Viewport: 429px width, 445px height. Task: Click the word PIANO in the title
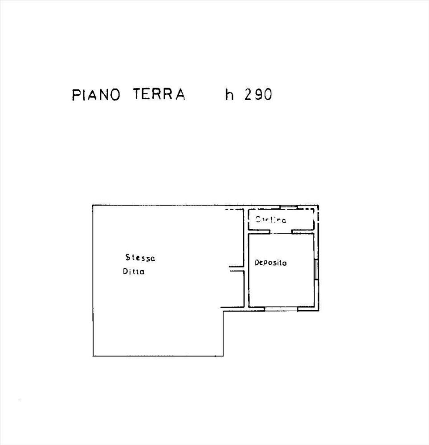[x=96, y=95]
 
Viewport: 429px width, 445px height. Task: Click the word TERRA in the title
[x=159, y=95]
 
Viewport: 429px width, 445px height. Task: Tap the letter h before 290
[x=229, y=94]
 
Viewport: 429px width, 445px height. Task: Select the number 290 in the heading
[x=257, y=95]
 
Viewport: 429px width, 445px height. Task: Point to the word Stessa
[x=140, y=257]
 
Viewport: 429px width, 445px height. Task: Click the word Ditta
[x=134, y=272]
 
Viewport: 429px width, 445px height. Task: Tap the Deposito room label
[x=270, y=263]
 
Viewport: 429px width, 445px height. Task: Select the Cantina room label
[x=271, y=220]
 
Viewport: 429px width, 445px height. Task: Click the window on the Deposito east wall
[x=316, y=269]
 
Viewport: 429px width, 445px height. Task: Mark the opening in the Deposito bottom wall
[x=281, y=308]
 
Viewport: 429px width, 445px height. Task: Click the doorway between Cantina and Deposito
[x=281, y=231]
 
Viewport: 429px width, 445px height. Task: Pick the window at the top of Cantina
[x=289, y=207]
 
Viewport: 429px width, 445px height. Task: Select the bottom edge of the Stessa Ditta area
[x=158, y=356]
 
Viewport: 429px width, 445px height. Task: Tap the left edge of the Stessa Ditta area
[x=93, y=280]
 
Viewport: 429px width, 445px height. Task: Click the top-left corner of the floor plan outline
[x=93, y=205]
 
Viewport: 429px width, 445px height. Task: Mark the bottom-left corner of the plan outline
[x=93, y=356]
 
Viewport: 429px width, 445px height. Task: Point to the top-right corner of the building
[x=318, y=206]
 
